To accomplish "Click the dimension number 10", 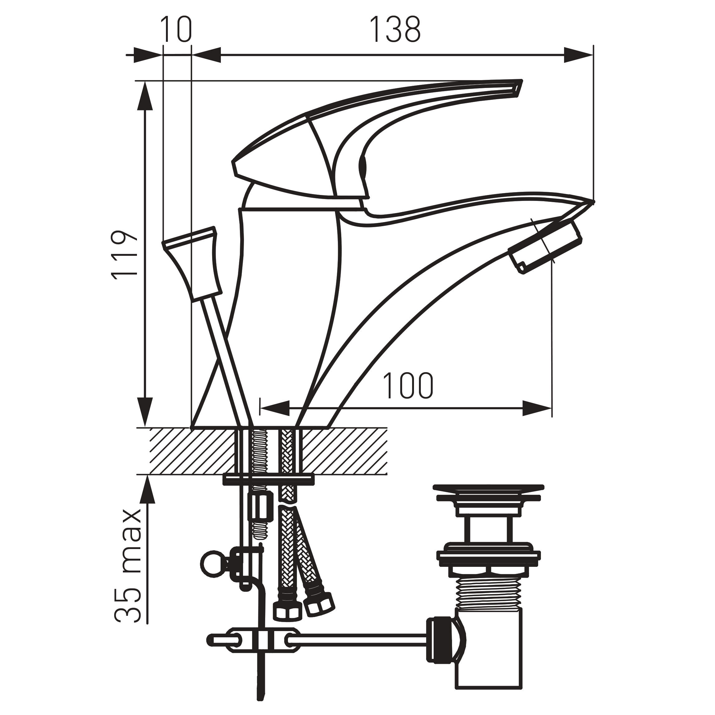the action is point(177,30).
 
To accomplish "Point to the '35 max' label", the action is point(127,566).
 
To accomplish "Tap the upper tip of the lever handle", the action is point(521,81).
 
